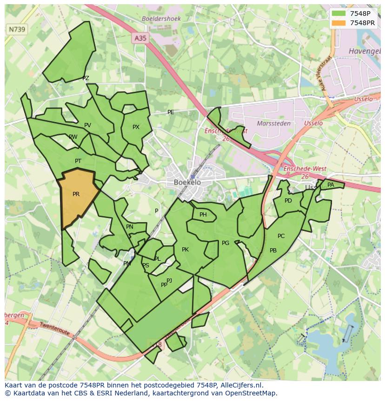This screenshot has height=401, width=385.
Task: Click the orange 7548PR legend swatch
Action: (339, 23)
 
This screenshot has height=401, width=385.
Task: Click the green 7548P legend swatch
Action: (339, 14)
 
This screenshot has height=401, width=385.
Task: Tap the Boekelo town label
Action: (187, 182)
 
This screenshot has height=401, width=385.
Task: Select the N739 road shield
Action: (17, 29)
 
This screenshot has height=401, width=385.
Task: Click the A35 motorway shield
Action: (140, 38)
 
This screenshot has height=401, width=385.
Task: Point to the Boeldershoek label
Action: (161, 19)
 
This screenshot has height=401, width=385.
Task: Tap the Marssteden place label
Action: (273, 123)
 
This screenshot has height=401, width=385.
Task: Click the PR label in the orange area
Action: (76, 194)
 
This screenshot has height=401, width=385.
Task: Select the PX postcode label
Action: (136, 127)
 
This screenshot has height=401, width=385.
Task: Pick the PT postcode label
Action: (78, 161)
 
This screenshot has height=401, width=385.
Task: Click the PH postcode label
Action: (203, 215)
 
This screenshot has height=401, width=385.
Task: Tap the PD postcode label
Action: (288, 201)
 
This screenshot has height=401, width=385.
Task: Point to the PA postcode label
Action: (331, 185)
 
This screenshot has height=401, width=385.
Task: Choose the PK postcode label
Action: (185, 250)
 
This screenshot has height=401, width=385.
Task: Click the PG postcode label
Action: (226, 243)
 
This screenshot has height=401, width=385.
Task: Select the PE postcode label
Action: (171, 112)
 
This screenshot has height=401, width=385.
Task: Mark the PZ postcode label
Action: (86, 78)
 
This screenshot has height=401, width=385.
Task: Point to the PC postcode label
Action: (281, 236)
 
